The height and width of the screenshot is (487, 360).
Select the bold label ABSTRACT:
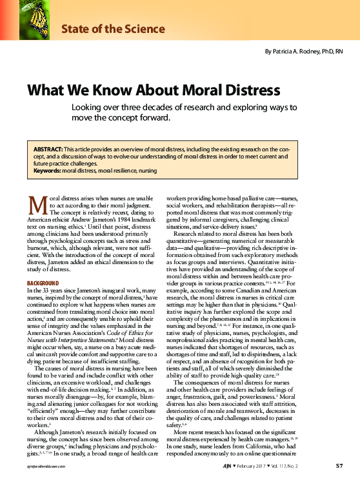tap(48, 149)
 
